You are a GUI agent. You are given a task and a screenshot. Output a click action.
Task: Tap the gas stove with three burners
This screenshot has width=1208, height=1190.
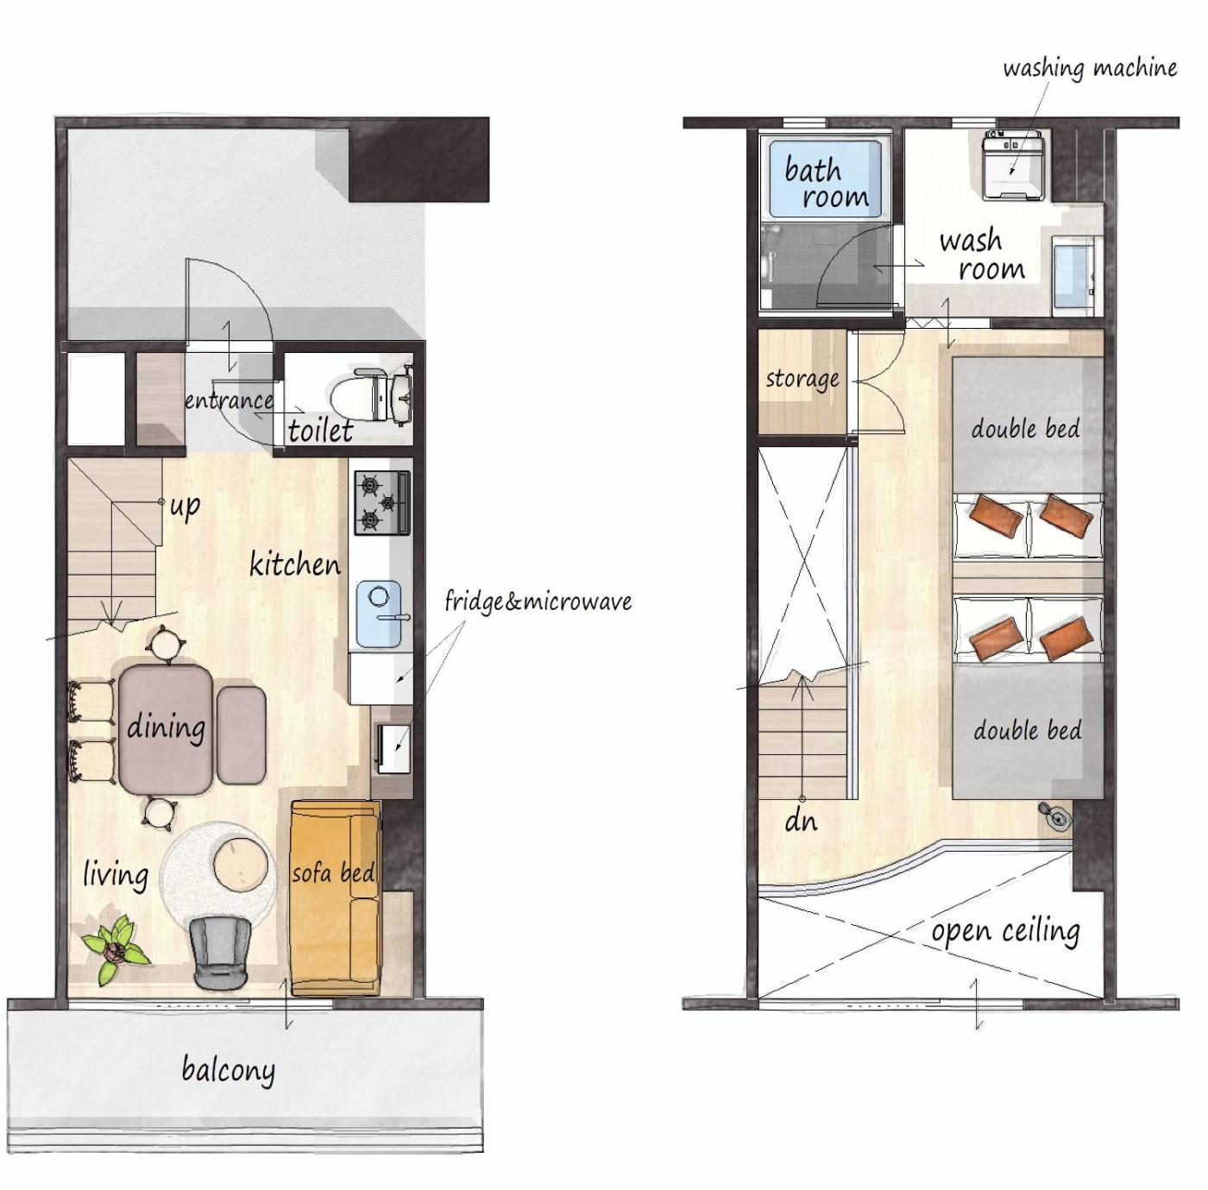click(x=381, y=502)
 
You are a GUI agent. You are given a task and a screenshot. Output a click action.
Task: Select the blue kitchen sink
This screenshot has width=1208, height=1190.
click(x=380, y=614)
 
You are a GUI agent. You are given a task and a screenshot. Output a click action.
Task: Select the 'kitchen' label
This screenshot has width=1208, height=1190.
click(x=294, y=564)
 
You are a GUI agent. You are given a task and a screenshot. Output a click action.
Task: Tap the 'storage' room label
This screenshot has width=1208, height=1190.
click(x=802, y=380)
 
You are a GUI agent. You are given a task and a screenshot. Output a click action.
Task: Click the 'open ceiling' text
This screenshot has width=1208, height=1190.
click(x=1006, y=931)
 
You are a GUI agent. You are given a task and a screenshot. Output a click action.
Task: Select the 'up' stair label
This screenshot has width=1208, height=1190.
click(x=186, y=506)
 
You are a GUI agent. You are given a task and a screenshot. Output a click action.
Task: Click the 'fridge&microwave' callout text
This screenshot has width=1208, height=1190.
click(x=538, y=601)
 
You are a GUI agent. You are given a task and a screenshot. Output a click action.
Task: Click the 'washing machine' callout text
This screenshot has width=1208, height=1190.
click(x=1090, y=68)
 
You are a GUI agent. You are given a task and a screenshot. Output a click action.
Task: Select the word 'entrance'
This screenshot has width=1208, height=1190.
click(x=229, y=400)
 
